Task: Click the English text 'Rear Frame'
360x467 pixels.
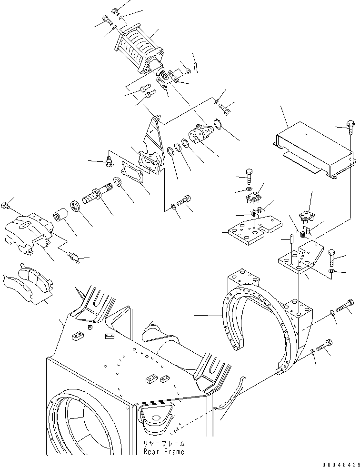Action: (x=164, y=452)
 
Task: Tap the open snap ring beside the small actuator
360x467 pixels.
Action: (x=218, y=124)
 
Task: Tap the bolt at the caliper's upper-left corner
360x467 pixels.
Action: (x=6, y=206)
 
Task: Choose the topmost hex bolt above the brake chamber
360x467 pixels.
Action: (x=115, y=10)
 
